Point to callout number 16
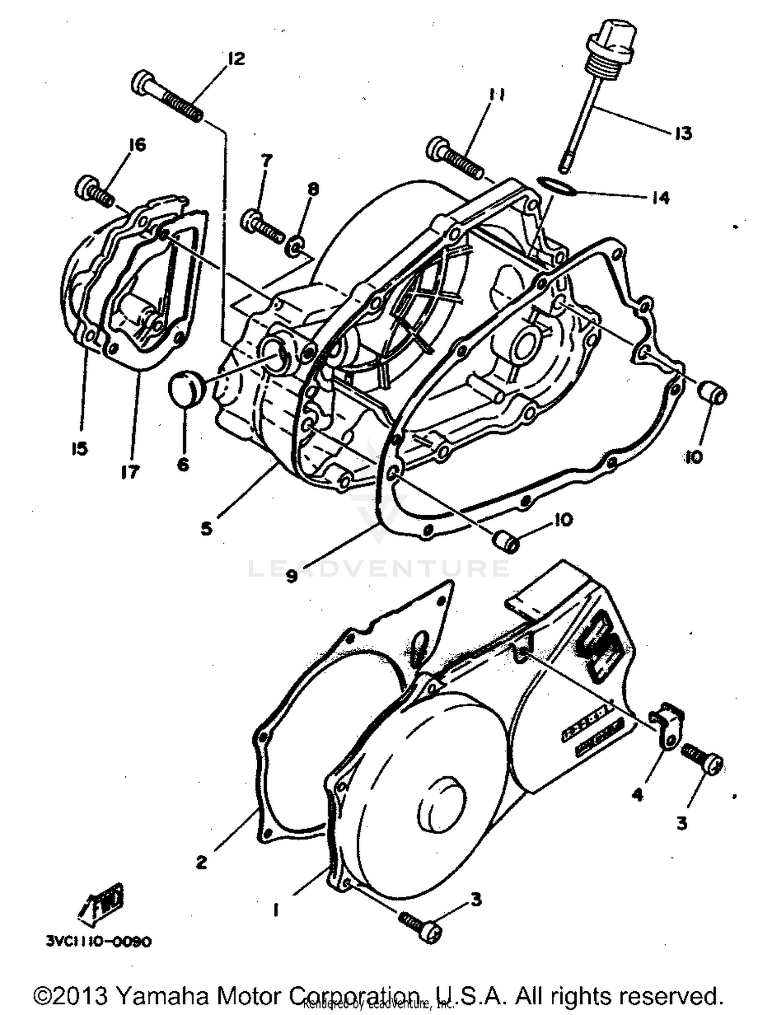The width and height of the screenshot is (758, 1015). [136, 145]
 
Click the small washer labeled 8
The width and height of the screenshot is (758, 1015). [295, 248]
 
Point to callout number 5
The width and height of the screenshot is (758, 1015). [206, 529]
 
